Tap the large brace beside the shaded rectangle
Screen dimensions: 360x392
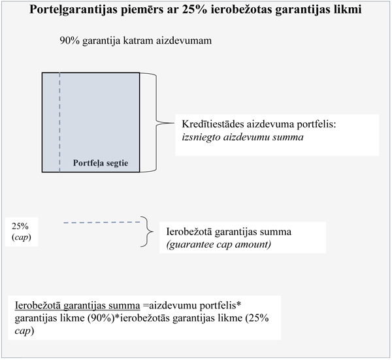coord(155,122)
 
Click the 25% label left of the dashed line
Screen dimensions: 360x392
coord(20,226)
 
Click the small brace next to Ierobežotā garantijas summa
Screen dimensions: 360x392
coord(144,232)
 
